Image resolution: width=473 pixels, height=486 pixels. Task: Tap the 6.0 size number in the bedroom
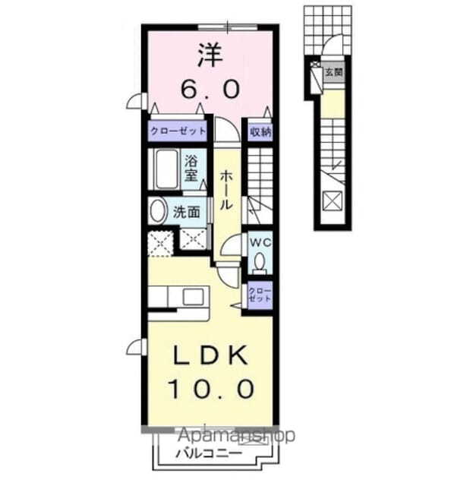coord(211,89)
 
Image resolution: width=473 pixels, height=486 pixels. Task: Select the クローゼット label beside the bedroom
coord(178,131)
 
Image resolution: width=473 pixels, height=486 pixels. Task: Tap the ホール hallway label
coord(226,190)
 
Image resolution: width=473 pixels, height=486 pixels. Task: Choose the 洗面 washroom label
coord(187,213)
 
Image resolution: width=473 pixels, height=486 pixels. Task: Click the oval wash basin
coord(157,210)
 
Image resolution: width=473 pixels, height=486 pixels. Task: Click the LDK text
coord(209,355)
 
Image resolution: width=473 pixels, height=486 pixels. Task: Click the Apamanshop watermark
coord(235,436)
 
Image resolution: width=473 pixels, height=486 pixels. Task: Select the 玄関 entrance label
coord(335,74)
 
